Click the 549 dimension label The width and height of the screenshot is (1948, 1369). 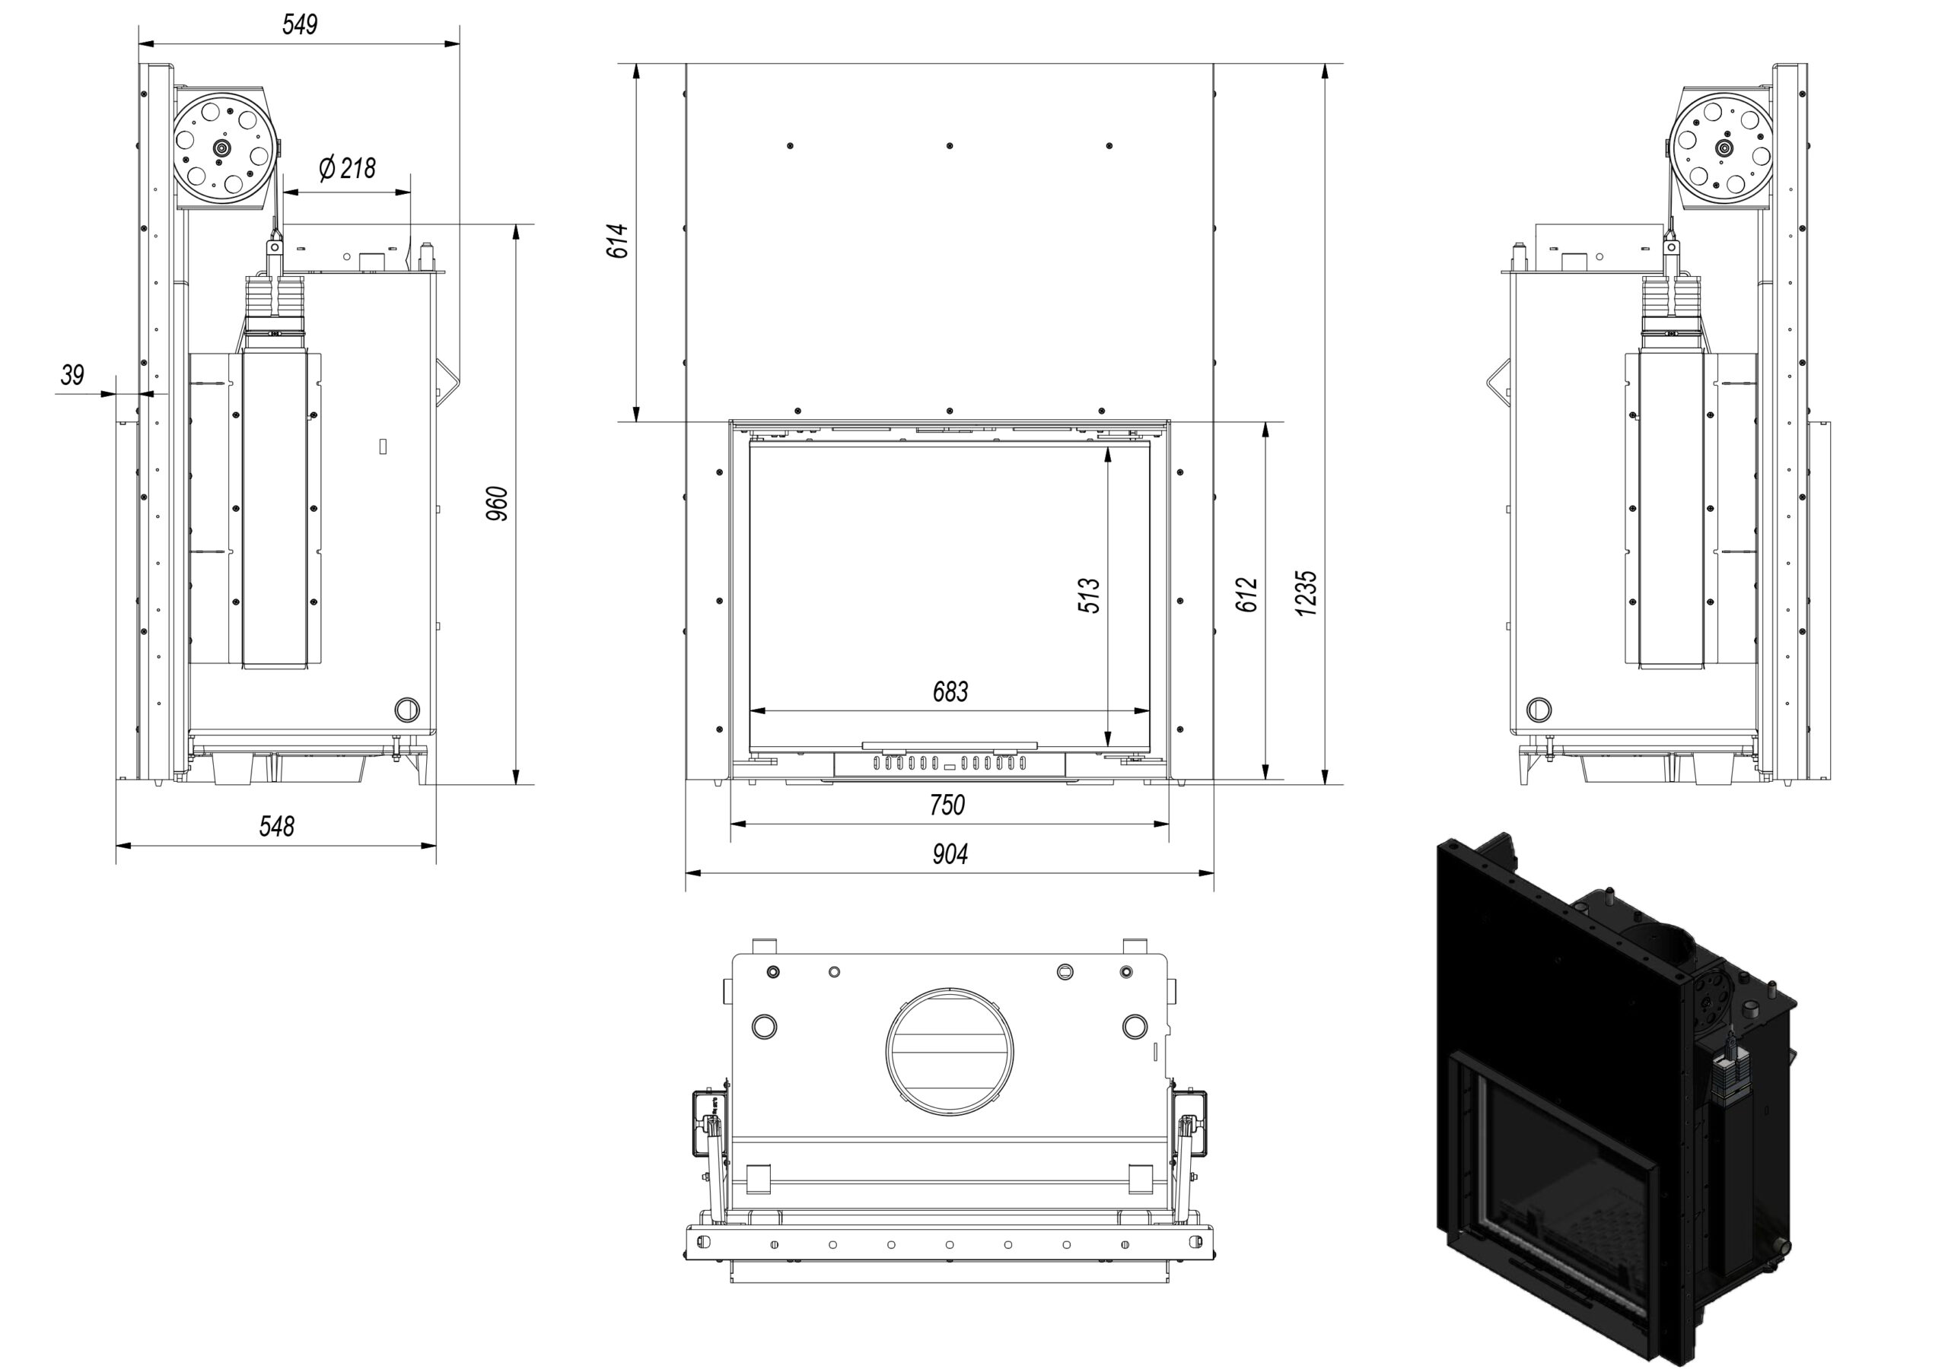click(300, 24)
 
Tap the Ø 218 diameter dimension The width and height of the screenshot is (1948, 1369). click(347, 169)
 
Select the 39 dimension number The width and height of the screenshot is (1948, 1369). click(73, 374)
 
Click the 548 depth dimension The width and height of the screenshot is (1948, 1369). click(276, 825)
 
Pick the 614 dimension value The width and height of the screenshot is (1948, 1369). click(619, 241)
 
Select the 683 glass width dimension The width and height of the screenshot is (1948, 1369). click(950, 692)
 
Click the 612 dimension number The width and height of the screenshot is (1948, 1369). click(1246, 595)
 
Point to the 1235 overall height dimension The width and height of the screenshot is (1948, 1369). click(1307, 593)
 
